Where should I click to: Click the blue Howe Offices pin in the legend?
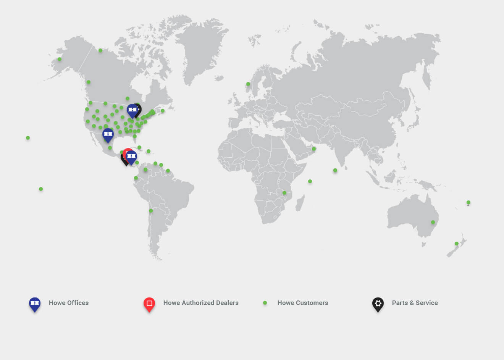click(35, 304)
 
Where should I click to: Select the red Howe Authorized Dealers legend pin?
click(149, 304)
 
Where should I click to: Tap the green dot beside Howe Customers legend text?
click(265, 303)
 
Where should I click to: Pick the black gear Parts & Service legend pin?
click(378, 304)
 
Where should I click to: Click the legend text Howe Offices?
click(69, 303)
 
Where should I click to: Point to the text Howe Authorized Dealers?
click(201, 303)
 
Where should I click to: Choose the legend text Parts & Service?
click(415, 303)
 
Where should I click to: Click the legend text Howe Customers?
click(303, 303)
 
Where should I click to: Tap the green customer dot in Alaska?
click(60, 59)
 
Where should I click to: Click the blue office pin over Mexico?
click(108, 134)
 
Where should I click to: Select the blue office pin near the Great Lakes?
click(132, 110)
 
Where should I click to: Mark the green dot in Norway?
click(248, 84)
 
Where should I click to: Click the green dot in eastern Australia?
click(433, 222)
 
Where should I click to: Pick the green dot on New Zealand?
click(457, 244)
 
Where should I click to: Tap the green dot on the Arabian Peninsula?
click(314, 149)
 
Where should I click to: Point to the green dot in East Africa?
click(284, 193)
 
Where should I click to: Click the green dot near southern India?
click(335, 170)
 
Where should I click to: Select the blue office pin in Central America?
click(131, 157)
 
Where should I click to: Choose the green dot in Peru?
click(151, 211)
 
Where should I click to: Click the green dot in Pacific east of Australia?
click(468, 202)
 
